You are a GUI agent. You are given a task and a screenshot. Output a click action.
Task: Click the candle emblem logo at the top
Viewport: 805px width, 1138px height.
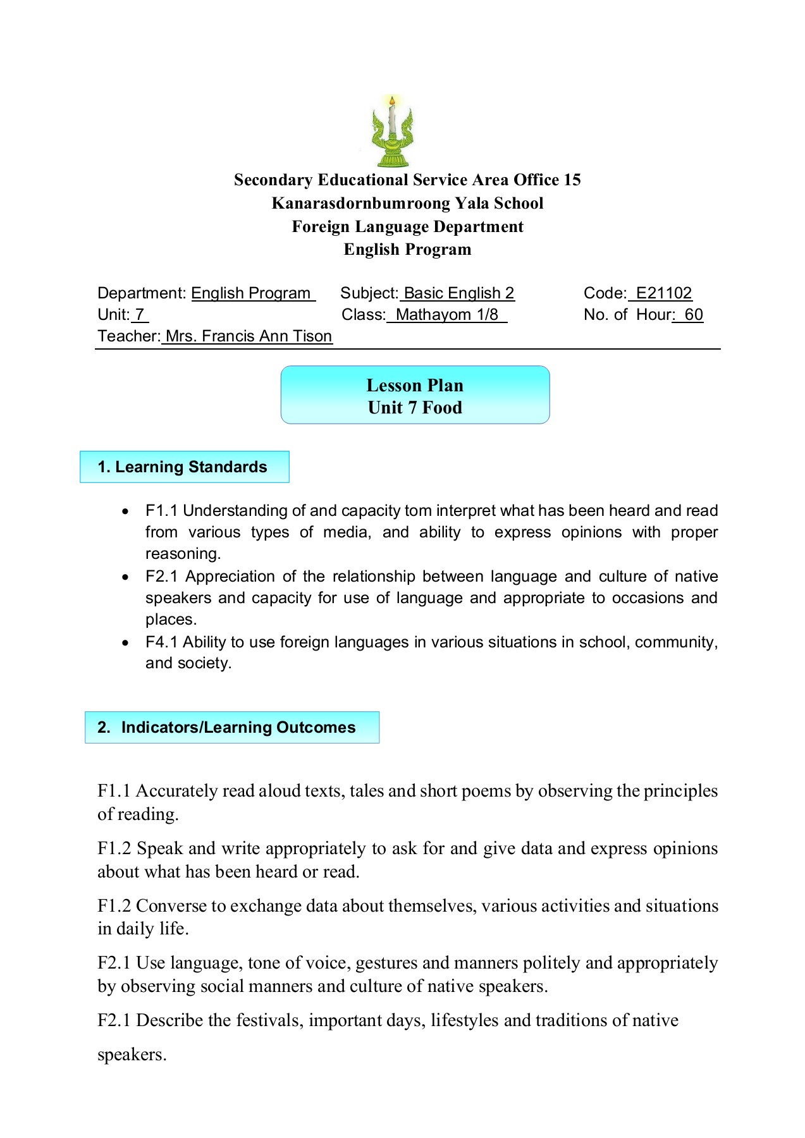392,132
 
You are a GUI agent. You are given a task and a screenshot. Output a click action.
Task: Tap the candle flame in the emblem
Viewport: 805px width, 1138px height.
392,101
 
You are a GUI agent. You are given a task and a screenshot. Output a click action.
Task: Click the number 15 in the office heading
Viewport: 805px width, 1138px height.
572,180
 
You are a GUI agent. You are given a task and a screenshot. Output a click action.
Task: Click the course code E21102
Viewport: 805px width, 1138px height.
663,293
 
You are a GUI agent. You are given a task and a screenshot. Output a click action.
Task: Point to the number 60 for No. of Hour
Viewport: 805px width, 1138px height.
693,315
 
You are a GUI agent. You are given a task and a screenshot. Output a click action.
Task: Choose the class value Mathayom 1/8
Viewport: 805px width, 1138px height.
446,315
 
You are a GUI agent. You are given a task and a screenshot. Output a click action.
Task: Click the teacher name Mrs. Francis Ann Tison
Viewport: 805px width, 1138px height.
249,336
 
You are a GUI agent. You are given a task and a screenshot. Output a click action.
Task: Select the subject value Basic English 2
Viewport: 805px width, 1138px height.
458,293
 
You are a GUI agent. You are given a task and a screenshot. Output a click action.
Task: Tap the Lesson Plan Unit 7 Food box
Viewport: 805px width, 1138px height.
415,396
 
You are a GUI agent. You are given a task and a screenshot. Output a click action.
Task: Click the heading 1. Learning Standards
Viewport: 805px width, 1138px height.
184,467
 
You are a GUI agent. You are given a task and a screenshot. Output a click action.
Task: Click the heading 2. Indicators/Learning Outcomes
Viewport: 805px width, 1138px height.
232,728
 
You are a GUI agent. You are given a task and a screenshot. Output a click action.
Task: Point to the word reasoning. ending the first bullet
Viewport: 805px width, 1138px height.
183,554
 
